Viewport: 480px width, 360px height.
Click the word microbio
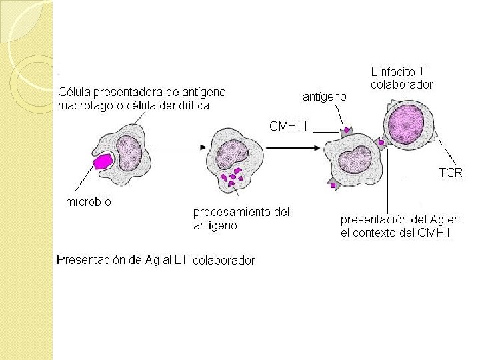[x=89, y=202]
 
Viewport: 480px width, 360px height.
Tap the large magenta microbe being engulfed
[x=103, y=161]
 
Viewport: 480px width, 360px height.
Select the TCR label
[x=451, y=173]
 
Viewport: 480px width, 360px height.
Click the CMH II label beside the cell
[x=288, y=126]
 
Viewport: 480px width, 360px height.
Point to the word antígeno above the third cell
[x=325, y=97]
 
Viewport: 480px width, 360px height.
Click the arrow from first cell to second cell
[x=179, y=147]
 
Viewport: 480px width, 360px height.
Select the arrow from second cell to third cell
[x=293, y=148]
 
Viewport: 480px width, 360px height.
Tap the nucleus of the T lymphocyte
[x=406, y=124]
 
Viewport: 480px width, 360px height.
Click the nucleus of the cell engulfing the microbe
[x=129, y=153]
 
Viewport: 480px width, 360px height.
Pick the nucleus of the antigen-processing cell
[x=232, y=154]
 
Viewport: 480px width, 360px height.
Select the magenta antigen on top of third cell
[x=347, y=130]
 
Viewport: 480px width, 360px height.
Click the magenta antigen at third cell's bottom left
[x=333, y=185]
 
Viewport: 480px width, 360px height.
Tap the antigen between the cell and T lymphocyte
[x=381, y=143]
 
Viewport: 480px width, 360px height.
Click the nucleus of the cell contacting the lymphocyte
[x=356, y=159]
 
